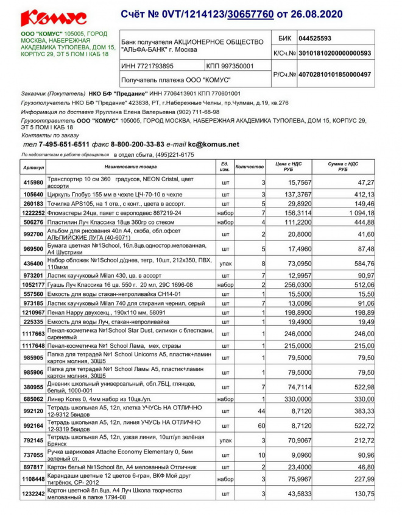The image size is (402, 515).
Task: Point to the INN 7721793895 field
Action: pos(147,66)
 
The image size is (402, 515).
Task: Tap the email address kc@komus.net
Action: pos(214,145)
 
